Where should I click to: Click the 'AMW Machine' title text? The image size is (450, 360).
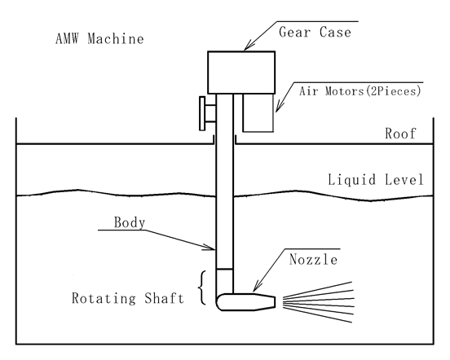(99, 39)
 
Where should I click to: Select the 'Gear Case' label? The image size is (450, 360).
(315, 32)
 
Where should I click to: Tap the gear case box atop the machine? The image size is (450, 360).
(241, 72)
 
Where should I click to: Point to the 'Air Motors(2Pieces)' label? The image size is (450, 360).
(360, 91)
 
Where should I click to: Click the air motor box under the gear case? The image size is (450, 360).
(258, 113)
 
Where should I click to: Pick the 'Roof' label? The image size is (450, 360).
(400, 134)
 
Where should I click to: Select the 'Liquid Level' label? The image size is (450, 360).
(376, 180)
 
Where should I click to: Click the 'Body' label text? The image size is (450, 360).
(130, 222)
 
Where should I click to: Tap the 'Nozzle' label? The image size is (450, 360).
(313, 259)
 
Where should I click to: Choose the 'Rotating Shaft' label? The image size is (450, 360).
(128, 298)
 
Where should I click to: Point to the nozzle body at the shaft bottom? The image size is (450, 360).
(246, 302)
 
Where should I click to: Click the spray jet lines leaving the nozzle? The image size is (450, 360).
(318, 302)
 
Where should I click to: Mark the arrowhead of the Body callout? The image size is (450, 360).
(210, 247)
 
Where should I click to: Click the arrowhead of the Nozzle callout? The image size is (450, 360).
(257, 287)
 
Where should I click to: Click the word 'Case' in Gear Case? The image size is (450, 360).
(335, 32)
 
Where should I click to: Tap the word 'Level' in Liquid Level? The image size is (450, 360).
(404, 180)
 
